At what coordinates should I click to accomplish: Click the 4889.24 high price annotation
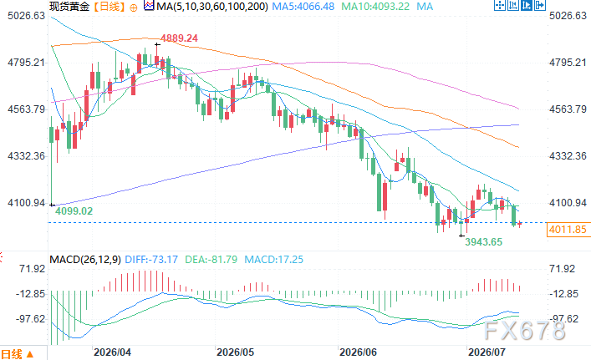pos(179,38)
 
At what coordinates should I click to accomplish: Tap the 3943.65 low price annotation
pos(483,241)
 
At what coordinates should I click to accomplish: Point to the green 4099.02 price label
pos(74,210)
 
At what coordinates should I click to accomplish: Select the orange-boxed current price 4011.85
pos(568,230)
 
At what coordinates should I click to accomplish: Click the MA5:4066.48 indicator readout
pos(303,7)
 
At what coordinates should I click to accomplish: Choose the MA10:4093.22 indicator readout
pos(375,7)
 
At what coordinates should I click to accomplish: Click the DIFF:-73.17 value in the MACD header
pos(151,260)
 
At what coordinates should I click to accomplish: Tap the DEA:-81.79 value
pos(211,260)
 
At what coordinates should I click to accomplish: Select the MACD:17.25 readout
pos(273,260)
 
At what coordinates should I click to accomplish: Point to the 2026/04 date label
pos(112,352)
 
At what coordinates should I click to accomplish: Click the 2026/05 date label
pos(235,352)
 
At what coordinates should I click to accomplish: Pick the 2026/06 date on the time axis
pos(358,352)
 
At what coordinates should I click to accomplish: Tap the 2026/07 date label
pos(487,352)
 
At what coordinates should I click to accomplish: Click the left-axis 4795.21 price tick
pos(26,62)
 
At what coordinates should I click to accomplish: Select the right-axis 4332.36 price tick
pos(568,156)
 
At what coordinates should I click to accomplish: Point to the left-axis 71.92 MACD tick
pos(33,269)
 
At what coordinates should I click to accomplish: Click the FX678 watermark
pos(525,331)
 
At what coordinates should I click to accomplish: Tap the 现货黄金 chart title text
pos(69,7)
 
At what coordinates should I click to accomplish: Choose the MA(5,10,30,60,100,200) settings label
pos(212,7)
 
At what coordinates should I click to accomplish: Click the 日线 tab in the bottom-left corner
pos(18,354)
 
